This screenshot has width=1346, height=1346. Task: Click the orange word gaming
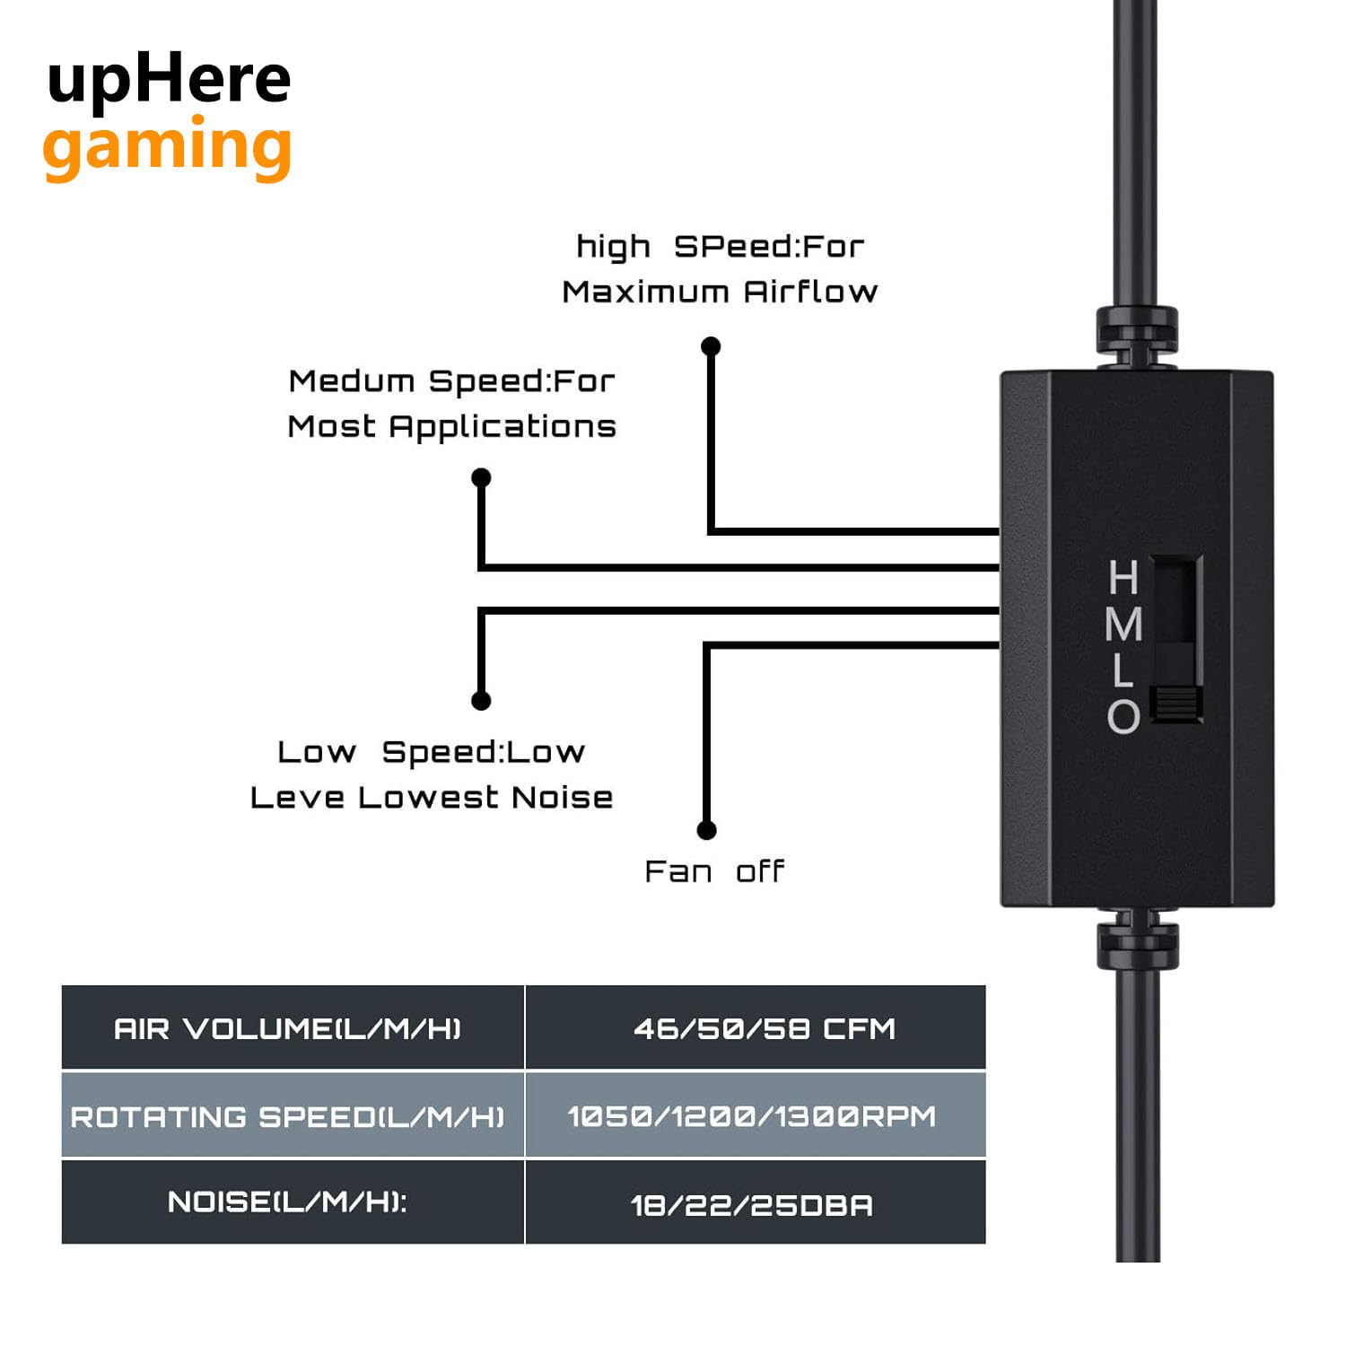[167, 147]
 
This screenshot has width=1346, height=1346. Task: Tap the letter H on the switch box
[1123, 578]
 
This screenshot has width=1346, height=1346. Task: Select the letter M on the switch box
[1123, 625]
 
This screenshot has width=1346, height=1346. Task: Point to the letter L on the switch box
[1123, 670]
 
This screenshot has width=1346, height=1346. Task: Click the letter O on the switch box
[1123, 716]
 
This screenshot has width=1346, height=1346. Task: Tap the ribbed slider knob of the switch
[1176, 704]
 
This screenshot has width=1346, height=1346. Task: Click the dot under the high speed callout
[711, 346]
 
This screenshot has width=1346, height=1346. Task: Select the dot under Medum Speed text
[481, 477]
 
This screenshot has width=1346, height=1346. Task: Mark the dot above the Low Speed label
[481, 700]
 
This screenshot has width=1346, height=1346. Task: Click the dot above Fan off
[707, 830]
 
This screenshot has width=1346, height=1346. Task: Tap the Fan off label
[714, 871]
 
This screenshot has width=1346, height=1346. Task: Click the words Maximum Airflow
[720, 292]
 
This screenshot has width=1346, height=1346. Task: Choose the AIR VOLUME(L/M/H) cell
[288, 1028]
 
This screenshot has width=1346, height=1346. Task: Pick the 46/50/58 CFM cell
[764, 1028]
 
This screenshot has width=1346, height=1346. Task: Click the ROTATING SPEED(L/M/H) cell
[288, 1116]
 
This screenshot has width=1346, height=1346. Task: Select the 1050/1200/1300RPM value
[752, 1116]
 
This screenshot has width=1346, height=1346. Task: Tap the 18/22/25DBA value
[752, 1204]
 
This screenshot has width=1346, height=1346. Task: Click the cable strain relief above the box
[1136, 332]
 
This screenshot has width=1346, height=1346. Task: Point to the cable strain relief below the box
[1138, 946]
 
